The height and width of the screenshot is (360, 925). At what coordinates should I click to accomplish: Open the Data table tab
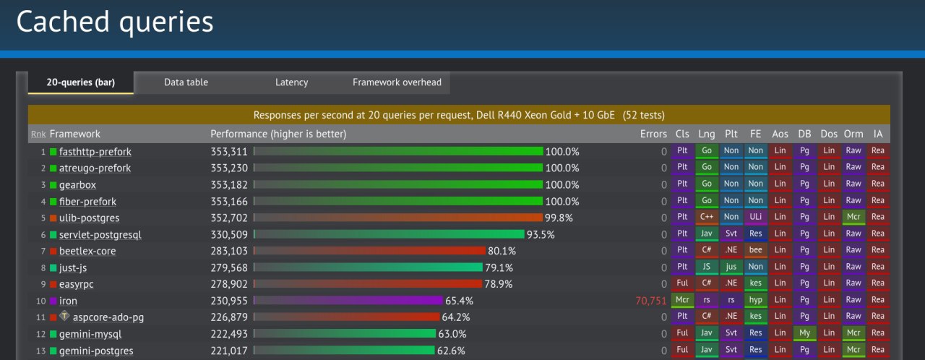pyautogui.click(x=186, y=82)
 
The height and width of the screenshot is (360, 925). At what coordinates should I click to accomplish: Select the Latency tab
pyautogui.click(x=291, y=82)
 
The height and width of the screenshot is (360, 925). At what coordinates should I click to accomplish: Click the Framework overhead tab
pyautogui.click(x=397, y=82)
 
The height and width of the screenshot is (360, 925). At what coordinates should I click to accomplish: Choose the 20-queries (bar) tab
pyautogui.click(x=80, y=82)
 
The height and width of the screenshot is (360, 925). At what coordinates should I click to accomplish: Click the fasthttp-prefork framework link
pyautogui.click(x=95, y=152)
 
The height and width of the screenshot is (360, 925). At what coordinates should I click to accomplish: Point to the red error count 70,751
pyautogui.click(x=649, y=301)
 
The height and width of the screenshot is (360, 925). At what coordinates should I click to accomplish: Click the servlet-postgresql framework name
pyautogui.click(x=100, y=235)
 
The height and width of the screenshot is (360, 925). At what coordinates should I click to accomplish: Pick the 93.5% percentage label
pyautogui.click(x=541, y=234)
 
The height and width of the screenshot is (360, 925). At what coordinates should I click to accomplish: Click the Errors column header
pyautogui.click(x=653, y=134)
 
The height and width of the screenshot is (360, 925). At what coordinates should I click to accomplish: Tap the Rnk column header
pyautogui.click(x=38, y=134)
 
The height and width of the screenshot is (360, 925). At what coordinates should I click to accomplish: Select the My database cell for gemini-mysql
pyautogui.click(x=804, y=333)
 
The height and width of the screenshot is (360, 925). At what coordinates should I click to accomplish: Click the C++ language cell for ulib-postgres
pyautogui.click(x=707, y=218)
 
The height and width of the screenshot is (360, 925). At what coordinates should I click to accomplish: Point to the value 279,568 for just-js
pyautogui.click(x=228, y=267)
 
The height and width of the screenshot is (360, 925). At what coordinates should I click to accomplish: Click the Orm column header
pyautogui.click(x=853, y=134)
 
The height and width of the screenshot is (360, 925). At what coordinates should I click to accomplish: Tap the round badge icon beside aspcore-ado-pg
pyautogui.click(x=64, y=316)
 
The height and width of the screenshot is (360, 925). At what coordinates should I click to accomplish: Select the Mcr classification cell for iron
pyautogui.click(x=682, y=300)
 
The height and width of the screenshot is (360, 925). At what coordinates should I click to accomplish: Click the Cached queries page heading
pyautogui.click(x=115, y=22)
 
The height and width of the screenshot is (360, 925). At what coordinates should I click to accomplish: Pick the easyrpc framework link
pyautogui.click(x=77, y=284)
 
